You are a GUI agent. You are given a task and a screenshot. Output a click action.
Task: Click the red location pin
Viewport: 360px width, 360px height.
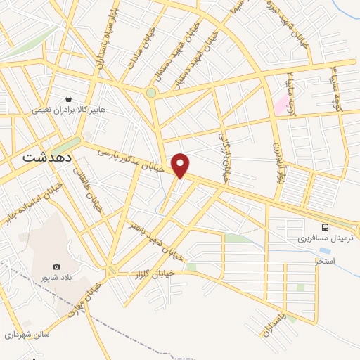pyautogui.click(x=181, y=165)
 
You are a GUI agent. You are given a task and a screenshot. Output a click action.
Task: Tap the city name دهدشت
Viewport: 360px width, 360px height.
pyautogui.click(x=41, y=157)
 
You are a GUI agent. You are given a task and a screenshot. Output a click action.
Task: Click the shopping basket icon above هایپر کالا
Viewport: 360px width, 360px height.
pyautogui.click(x=68, y=99)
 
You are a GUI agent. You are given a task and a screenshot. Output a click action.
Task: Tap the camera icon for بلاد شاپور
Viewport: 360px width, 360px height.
pyautogui.click(x=56, y=267)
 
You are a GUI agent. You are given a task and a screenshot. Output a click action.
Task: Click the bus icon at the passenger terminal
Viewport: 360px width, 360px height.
pyautogui.click(x=325, y=227)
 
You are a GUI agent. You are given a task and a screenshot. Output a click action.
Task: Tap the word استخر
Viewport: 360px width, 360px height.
pyautogui.click(x=325, y=261)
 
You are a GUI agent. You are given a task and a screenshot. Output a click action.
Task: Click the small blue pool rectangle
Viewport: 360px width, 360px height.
pyautogui.click(x=324, y=250)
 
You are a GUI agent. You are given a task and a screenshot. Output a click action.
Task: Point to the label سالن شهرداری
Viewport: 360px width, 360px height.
pyautogui.click(x=25, y=335)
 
